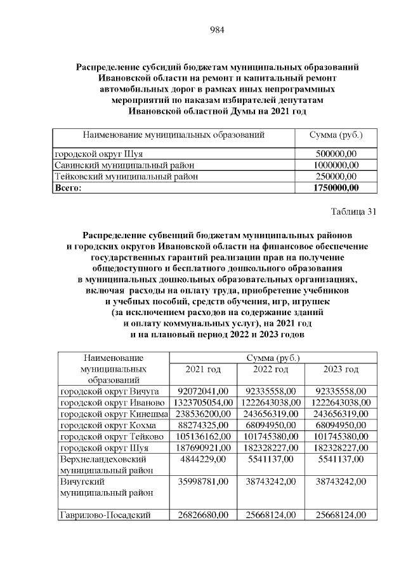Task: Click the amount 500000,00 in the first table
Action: (x=336, y=154)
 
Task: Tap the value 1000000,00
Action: (x=336, y=165)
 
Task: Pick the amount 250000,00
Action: (x=336, y=176)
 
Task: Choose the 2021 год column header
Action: (x=202, y=369)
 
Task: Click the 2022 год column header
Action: (x=271, y=369)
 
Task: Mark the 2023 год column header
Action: (x=341, y=369)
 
